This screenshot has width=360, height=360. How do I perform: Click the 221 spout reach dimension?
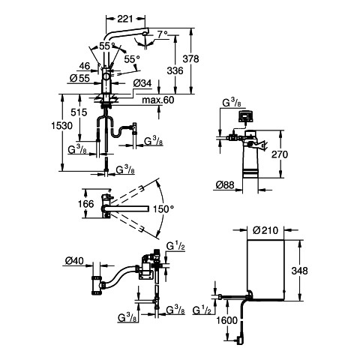tap(125, 19)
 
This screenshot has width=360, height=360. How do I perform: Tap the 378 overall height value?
tap(190, 59)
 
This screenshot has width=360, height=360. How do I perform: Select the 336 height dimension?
tap(175, 70)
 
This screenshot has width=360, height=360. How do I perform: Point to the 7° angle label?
tap(163, 34)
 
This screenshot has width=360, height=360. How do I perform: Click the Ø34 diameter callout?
tap(142, 83)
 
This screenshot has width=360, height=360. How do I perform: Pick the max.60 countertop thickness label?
tap(158, 100)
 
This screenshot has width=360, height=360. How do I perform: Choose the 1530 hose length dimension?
tap(61, 125)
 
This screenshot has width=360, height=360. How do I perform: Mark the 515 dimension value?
tap(79, 112)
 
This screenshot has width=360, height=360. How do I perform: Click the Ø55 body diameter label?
tap(79, 78)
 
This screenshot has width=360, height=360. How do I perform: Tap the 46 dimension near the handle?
tap(85, 66)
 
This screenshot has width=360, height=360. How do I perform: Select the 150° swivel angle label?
tap(163, 209)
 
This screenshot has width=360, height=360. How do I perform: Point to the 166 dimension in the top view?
tap(85, 204)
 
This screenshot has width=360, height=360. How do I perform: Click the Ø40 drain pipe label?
tap(74, 261)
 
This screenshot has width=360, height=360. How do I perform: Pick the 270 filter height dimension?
tap(280, 154)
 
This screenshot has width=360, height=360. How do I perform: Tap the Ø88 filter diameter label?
tap(225, 185)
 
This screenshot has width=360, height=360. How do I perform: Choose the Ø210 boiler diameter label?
tap(265, 230)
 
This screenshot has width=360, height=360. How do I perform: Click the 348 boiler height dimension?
tap(300, 271)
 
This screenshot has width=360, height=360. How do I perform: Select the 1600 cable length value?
tap(226, 320)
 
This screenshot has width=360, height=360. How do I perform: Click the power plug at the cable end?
tap(239, 340)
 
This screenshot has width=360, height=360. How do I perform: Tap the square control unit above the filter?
tap(246, 116)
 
